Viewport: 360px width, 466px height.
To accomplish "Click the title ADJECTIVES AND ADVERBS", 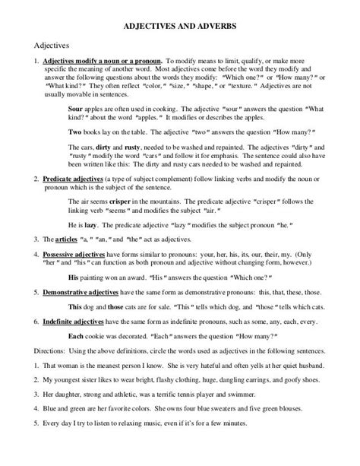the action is [x=180, y=25].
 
